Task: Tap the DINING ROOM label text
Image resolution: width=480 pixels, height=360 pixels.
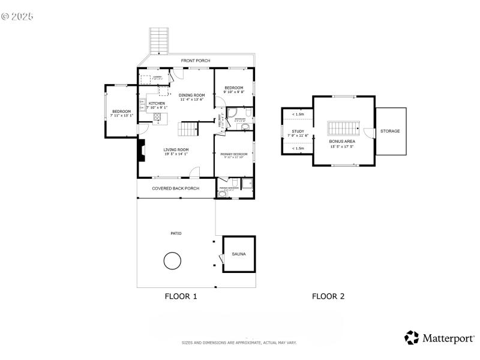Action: pyautogui.click(x=192, y=95)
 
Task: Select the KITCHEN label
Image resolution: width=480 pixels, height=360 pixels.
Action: pyautogui.click(x=157, y=103)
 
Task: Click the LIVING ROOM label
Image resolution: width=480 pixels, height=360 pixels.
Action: pyautogui.click(x=176, y=149)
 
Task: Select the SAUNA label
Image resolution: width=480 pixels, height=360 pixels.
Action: pyautogui.click(x=239, y=254)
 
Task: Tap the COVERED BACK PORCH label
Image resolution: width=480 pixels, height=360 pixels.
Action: pyautogui.click(x=175, y=188)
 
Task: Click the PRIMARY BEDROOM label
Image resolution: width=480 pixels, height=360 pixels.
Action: pyautogui.click(x=234, y=154)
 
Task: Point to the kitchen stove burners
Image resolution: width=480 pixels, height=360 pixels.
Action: pyautogui.click(x=158, y=117)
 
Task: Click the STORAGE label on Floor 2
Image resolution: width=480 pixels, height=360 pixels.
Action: pyautogui.click(x=390, y=131)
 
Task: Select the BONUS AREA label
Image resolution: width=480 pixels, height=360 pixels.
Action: pyautogui.click(x=343, y=141)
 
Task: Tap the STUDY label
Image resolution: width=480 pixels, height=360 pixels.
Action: pyautogui.click(x=298, y=131)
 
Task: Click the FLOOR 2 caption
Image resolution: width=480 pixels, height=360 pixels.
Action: pyautogui.click(x=328, y=296)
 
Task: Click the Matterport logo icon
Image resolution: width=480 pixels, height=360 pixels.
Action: pyautogui.click(x=412, y=338)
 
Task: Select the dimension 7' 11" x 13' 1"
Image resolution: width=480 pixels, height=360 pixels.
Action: pyautogui.click(x=122, y=115)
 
